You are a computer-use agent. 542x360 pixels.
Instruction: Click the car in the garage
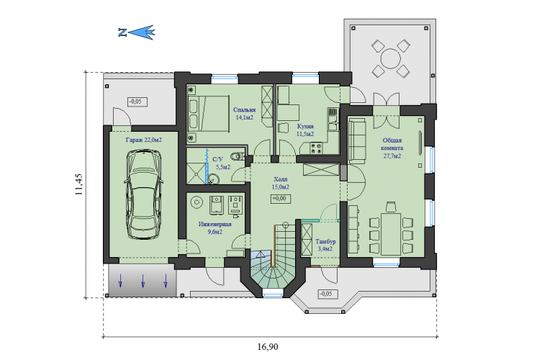tap(143, 194)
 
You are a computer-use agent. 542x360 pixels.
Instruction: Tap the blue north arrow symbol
tap(137, 32)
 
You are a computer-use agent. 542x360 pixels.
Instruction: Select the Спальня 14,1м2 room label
tap(245, 114)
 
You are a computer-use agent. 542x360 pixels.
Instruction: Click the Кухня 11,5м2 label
tap(305, 130)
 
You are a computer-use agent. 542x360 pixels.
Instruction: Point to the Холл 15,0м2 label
tap(280, 184)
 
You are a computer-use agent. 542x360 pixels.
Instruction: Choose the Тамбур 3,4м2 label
tap(325, 245)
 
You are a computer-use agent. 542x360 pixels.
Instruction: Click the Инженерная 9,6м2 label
tap(214, 228)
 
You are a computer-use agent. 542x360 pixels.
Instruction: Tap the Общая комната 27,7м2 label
tap(392, 148)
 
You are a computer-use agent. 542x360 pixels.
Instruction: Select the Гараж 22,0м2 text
tap(143, 140)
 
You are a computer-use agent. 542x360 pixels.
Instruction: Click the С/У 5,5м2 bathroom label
tap(222, 163)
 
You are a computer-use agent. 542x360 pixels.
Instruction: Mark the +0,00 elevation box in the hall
tap(280, 199)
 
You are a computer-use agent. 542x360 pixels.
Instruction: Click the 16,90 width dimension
tap(268, 346)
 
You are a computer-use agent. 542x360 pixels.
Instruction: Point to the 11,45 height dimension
tap(78, 184)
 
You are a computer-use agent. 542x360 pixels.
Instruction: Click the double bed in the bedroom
tap(209, 114)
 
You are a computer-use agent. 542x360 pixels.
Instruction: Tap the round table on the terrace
tap(391, 58)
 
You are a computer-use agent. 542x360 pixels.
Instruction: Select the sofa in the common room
tap(357, 141)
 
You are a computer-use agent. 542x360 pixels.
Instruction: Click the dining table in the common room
tap(391, 235)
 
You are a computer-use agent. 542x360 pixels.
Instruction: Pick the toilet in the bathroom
tap(237, 156)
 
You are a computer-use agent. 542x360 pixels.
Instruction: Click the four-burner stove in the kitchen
tap(316, 148)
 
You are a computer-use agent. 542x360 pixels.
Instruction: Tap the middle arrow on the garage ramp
tap(143, 281)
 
